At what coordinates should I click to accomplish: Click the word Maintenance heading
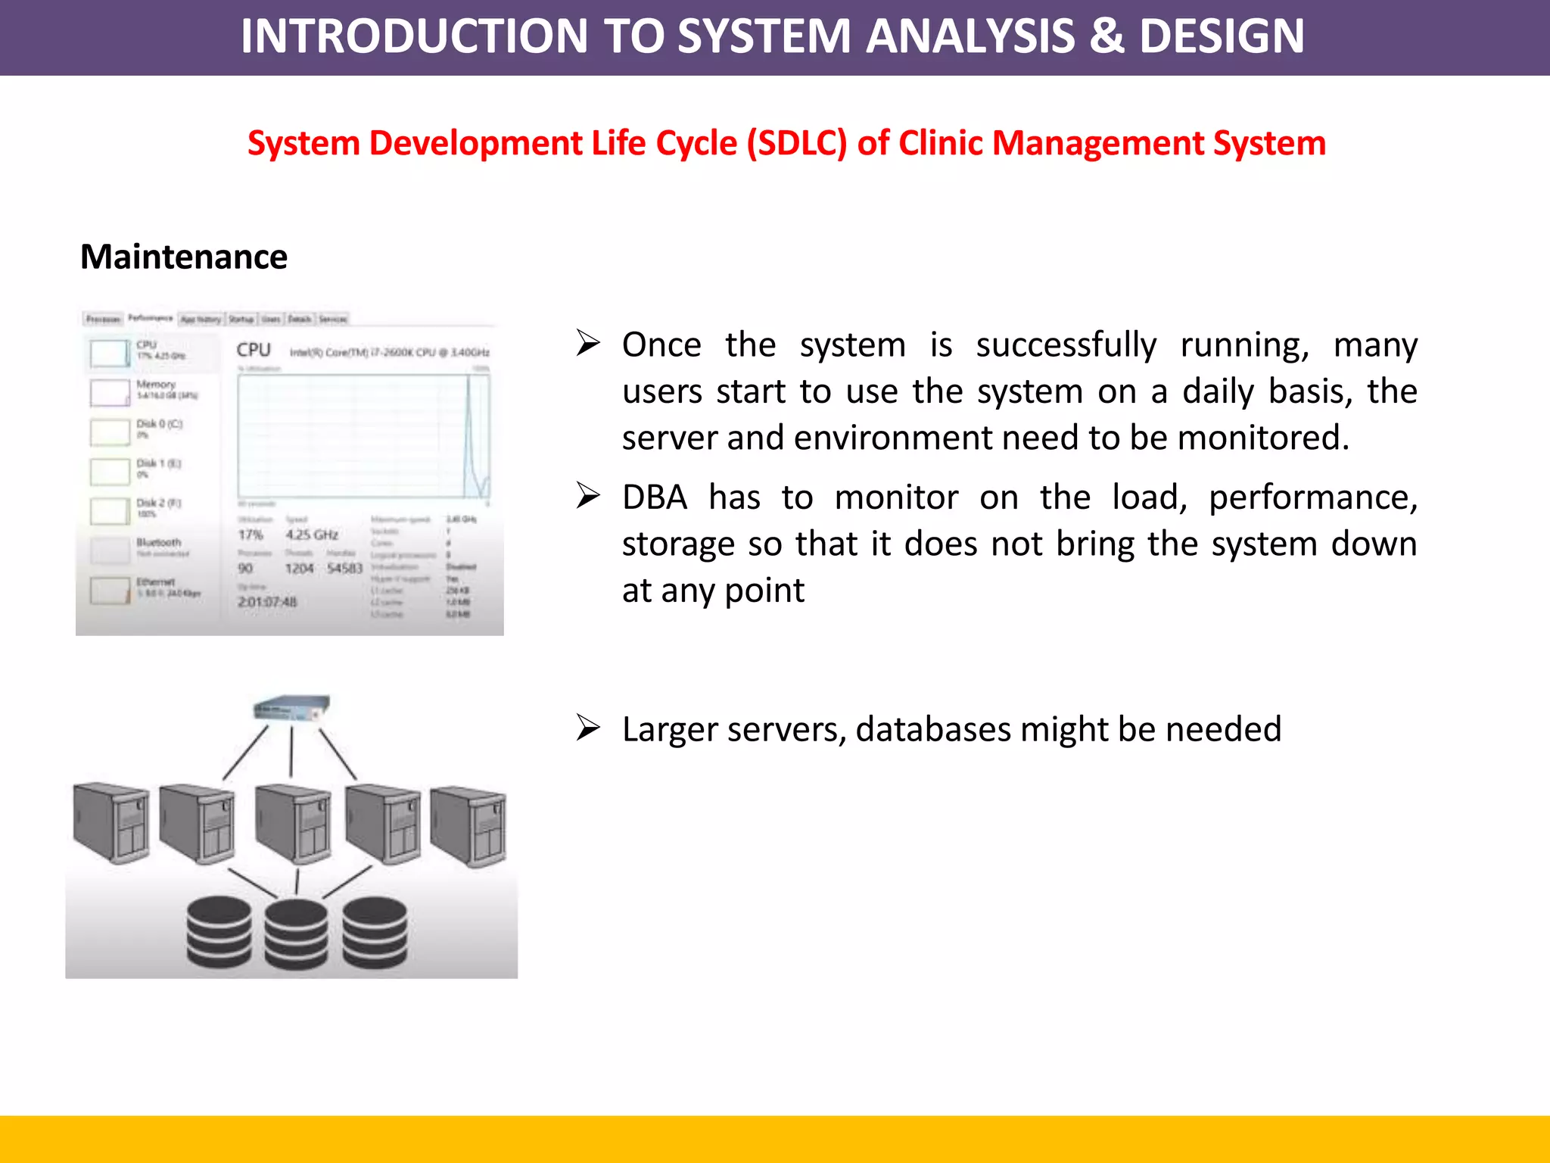pos(184,257)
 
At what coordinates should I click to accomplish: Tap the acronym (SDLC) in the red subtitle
pos(796,143)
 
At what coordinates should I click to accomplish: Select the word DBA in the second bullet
pos(655,497)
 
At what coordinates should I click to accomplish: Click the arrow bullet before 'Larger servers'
pos(588,728)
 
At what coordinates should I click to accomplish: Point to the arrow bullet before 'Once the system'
pos(588,343)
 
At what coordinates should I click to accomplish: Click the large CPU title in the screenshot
pos(254,350)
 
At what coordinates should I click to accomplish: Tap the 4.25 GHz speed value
pos(311,535)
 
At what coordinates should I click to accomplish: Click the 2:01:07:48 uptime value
pos(267,602)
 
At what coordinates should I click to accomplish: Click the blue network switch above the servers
pos(291,708)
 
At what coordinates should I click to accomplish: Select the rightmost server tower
pos(469,827)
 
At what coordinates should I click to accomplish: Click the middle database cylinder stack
pos(297,934)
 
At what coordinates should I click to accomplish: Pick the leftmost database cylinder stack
pos(219,932)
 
